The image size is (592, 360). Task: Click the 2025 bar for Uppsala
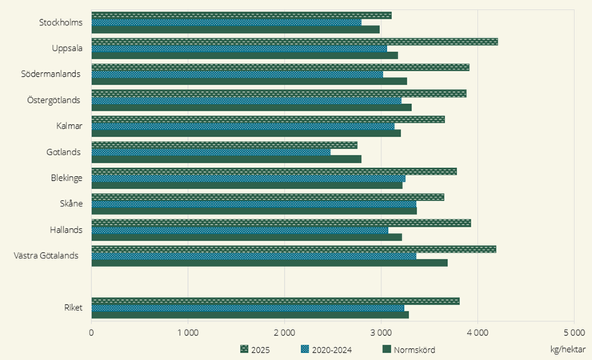tap(294, 42)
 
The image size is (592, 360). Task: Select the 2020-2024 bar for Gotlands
tap(211, 152)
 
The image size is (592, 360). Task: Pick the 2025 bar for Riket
tap(275, 301)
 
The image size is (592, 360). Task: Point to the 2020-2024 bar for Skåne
tap(254, 204)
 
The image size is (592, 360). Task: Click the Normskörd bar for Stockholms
tap(235, 30)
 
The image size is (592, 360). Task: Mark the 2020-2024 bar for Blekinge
tap(248, 178)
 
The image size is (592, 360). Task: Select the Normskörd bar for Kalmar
tap(246, 133)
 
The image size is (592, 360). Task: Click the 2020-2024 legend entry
tap(325, 349)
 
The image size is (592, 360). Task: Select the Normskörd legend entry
tap(408, 349)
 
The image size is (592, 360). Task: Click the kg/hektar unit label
tap(568, 349)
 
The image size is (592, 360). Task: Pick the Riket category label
tap(73, 308)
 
